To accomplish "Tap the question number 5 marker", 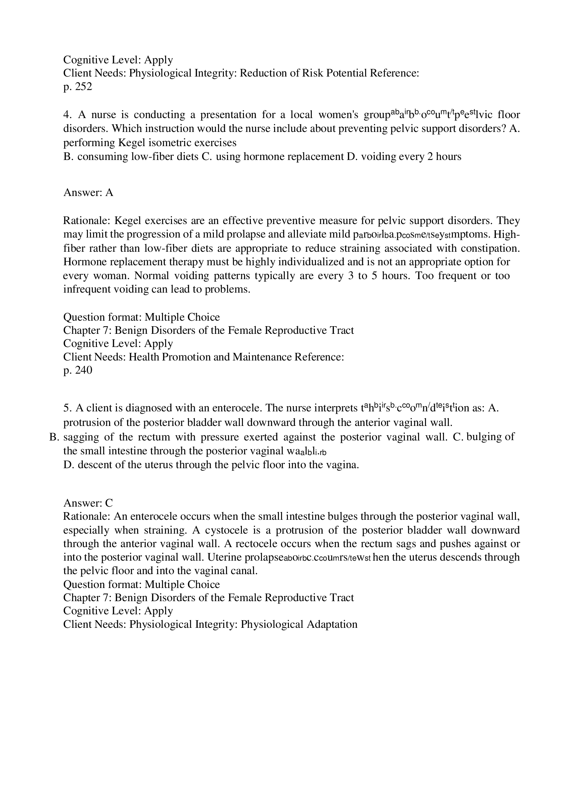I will point(67,408).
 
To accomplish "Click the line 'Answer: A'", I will point(88,193).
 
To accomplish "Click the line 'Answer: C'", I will point(88,503).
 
